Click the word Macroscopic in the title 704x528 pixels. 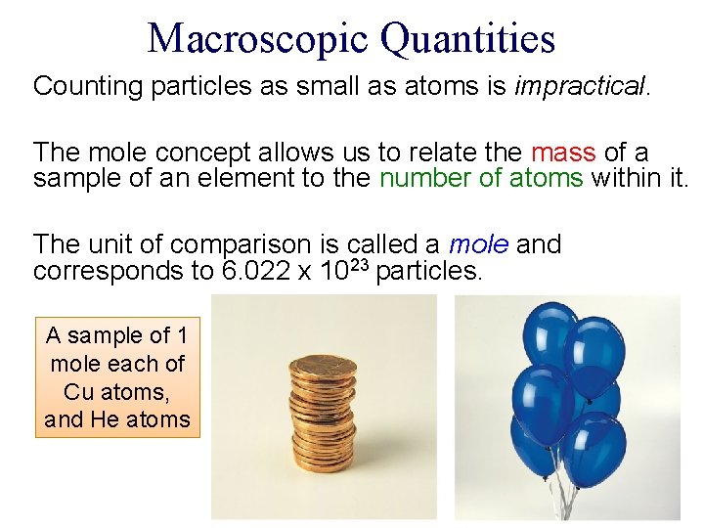point(257,38)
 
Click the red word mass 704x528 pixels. point(563,154)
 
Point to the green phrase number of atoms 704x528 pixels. point(481,178)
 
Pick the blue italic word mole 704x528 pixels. point(478,243)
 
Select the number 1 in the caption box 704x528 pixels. point(181,335)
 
